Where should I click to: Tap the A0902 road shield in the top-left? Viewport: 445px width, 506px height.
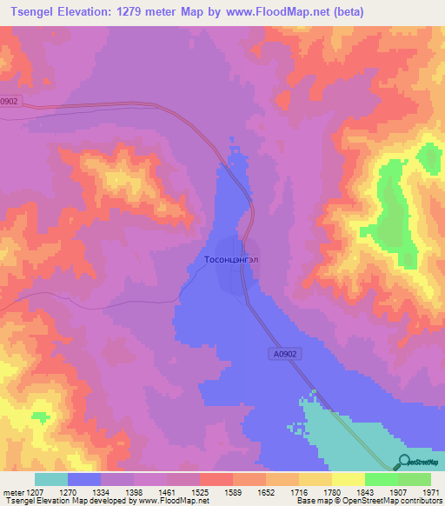[x=8, y=100]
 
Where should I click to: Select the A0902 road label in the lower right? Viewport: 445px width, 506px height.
[x=282, y=354]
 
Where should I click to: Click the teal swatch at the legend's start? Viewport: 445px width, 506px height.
[x=51, y=479]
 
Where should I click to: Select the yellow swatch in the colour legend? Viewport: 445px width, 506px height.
[x=349, y=479]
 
